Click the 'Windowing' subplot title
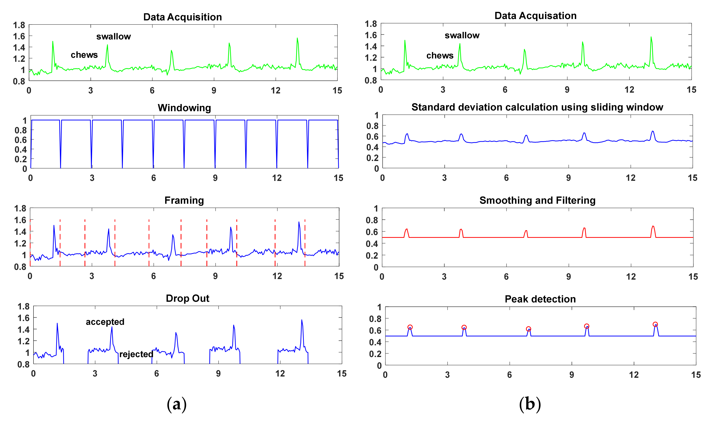pyautogui.click(x=184, y=108)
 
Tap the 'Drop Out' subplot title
pyautogui.click(x=187, y=299)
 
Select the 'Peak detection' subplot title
pyautogui.click(x=540, y=299)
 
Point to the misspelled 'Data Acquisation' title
pyautogui.click(x=535, y=16)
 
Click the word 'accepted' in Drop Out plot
pyautogui.click(x=105, y=322)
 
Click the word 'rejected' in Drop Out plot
pyautogui.click(x=136, y=354)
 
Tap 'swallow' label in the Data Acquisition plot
pyautogui.click(x=114, y=37)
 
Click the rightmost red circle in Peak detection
pyautogui.click(x=655, y=324)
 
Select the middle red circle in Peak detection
pyautogui.click(x=528, y=329)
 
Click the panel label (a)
pyautogui.click(x=177, y=404)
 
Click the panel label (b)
pyautogui.click(x=530, y=404)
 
